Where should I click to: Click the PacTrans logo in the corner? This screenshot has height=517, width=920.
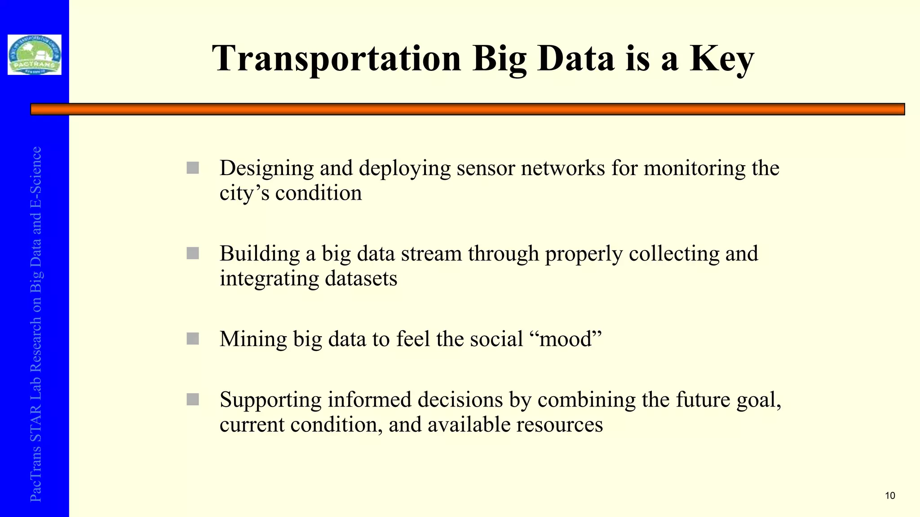35,55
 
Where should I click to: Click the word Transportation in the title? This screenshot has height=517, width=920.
336,58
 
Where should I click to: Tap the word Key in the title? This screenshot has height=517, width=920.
721,58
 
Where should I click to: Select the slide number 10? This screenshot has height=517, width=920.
890,495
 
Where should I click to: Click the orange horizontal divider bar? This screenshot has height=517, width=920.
467,109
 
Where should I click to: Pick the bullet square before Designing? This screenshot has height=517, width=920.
193,168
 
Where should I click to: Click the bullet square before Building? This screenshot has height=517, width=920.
193,254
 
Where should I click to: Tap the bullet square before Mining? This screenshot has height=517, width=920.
193,339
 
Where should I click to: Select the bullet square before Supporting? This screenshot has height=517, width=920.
193,399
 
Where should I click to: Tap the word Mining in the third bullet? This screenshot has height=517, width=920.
253,339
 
